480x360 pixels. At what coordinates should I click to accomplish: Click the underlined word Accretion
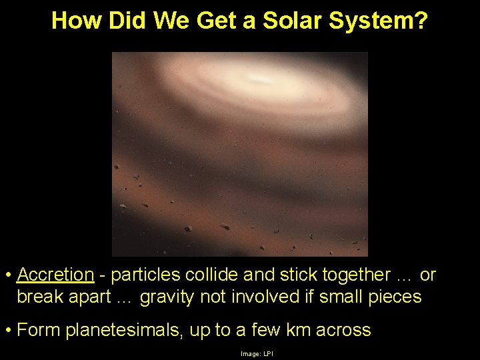56,275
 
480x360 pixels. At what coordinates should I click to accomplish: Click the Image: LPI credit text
257,353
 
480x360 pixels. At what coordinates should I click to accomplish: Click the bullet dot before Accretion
7,275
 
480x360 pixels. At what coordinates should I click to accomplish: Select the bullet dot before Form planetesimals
7,330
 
